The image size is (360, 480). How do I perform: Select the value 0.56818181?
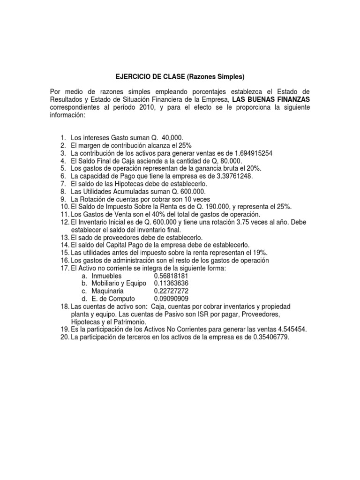[x=172, y=276]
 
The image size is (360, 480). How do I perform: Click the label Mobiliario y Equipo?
[x=117, y=284]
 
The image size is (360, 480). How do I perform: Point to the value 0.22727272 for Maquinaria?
[x=172, y=291]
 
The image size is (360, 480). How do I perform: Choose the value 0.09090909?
[x=172, y=299]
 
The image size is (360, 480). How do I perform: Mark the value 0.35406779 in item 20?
[x=269, y=337]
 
